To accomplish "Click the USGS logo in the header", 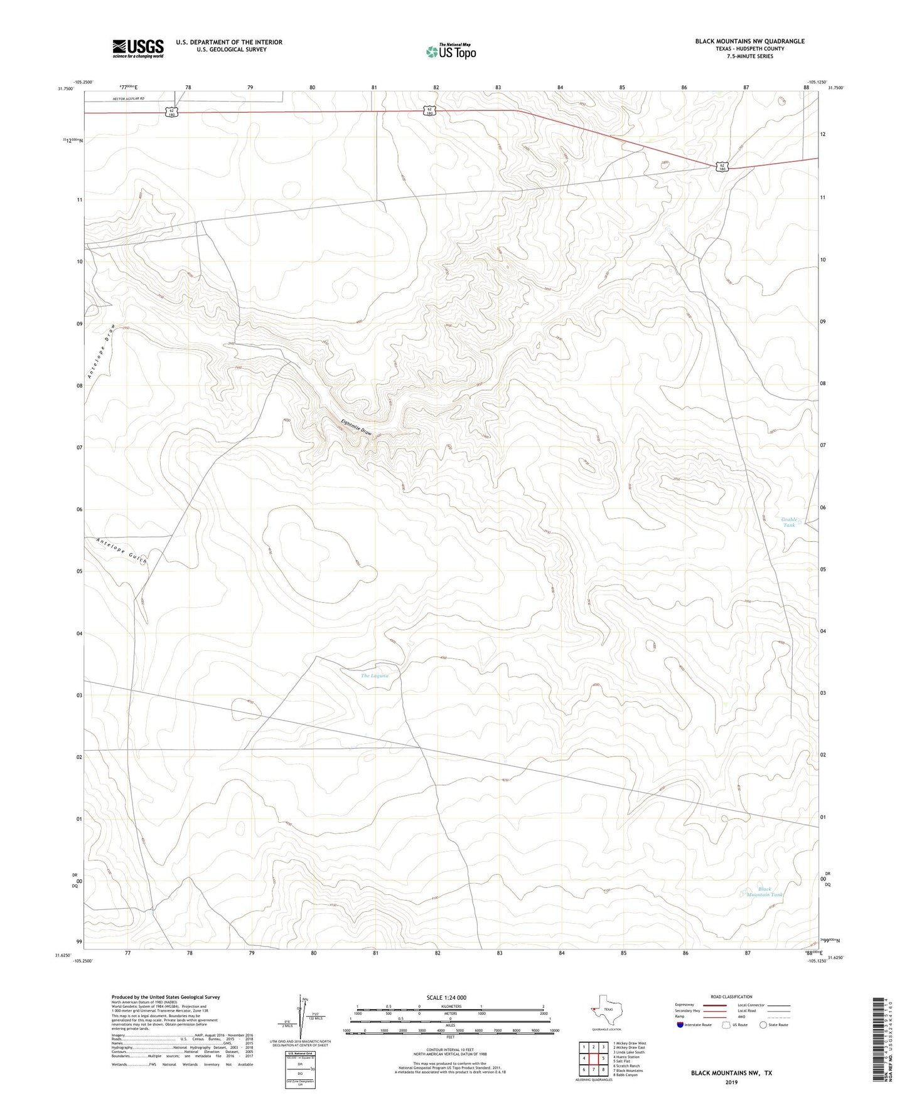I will click(137, 48).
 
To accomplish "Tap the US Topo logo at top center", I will click(450, 52).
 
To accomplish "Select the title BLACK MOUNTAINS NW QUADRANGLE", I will click(749, 41).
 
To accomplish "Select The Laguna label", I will click(375, 675).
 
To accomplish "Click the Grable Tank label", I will click(789, 522).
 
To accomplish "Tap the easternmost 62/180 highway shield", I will click(722, 167).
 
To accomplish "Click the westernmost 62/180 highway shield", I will click(172, 112).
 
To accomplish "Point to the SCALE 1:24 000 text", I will click(447, 997).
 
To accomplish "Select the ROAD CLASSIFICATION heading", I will click(732, 997).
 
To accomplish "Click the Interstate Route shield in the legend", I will click(680, 1025).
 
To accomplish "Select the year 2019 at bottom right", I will click(731, 1082).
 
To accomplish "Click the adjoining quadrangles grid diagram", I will click(593, 1059).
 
